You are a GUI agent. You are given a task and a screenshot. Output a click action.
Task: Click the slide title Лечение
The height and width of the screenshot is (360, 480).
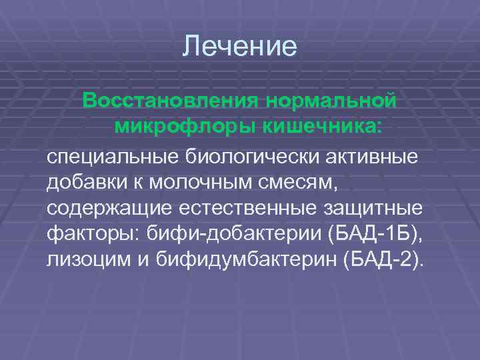click(x=239, y=46)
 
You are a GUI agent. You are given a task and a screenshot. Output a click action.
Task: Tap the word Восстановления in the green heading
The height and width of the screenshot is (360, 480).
click(x=169, y=101)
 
